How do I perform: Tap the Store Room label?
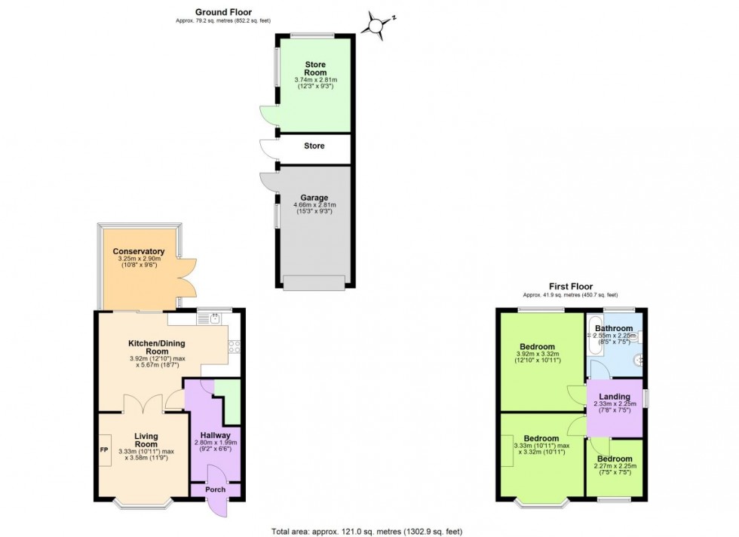(x=315, y=69)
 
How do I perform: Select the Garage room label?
(x=314, y=198)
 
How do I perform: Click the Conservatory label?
(x=139, y=251)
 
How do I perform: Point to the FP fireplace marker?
(x=104, y=450)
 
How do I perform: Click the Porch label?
(x=216, y=489)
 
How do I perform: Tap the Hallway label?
(x=216, y=435)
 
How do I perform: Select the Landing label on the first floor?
(x=615, y=397)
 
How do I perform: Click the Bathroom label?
(x=614, y=328)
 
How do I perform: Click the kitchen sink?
(x=215, y=319)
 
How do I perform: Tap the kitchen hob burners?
(x=235, y=346)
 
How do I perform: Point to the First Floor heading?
(x=571, y=286)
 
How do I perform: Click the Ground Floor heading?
(x=223, y=12)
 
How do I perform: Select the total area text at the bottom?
(x=366, y=531)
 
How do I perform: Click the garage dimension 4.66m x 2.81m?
(x=314, y=205)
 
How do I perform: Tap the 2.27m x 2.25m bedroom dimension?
(x=615, y=466)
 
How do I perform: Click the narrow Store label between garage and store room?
(x=314, y=146)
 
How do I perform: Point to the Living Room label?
(x=146, y=440)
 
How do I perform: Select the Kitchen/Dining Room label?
(x=157, y=348)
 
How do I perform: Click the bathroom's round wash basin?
(x=639, y=360)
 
